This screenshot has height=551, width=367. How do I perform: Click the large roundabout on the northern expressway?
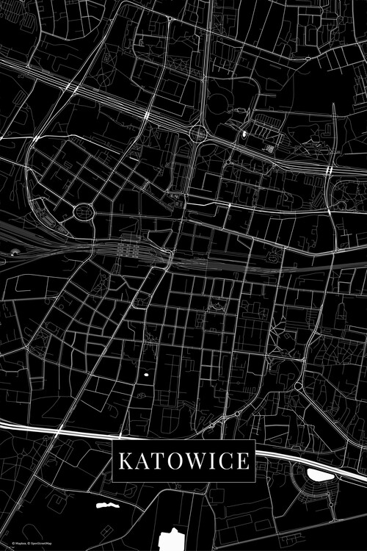pyautogui.click(x=198, y=134)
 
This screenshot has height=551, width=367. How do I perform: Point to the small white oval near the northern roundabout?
pyautogui.click(x=244, y=134)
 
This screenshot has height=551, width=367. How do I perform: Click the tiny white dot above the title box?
pyautogui.click(x=146, y=375)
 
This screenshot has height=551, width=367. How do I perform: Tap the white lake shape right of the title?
pyautogui.click(x=319, y=475)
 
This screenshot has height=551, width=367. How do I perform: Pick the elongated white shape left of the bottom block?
pyautogui.click(x=106, y=506)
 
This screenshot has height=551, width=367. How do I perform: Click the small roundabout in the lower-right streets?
pyautogui.click(x=299, y=385)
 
